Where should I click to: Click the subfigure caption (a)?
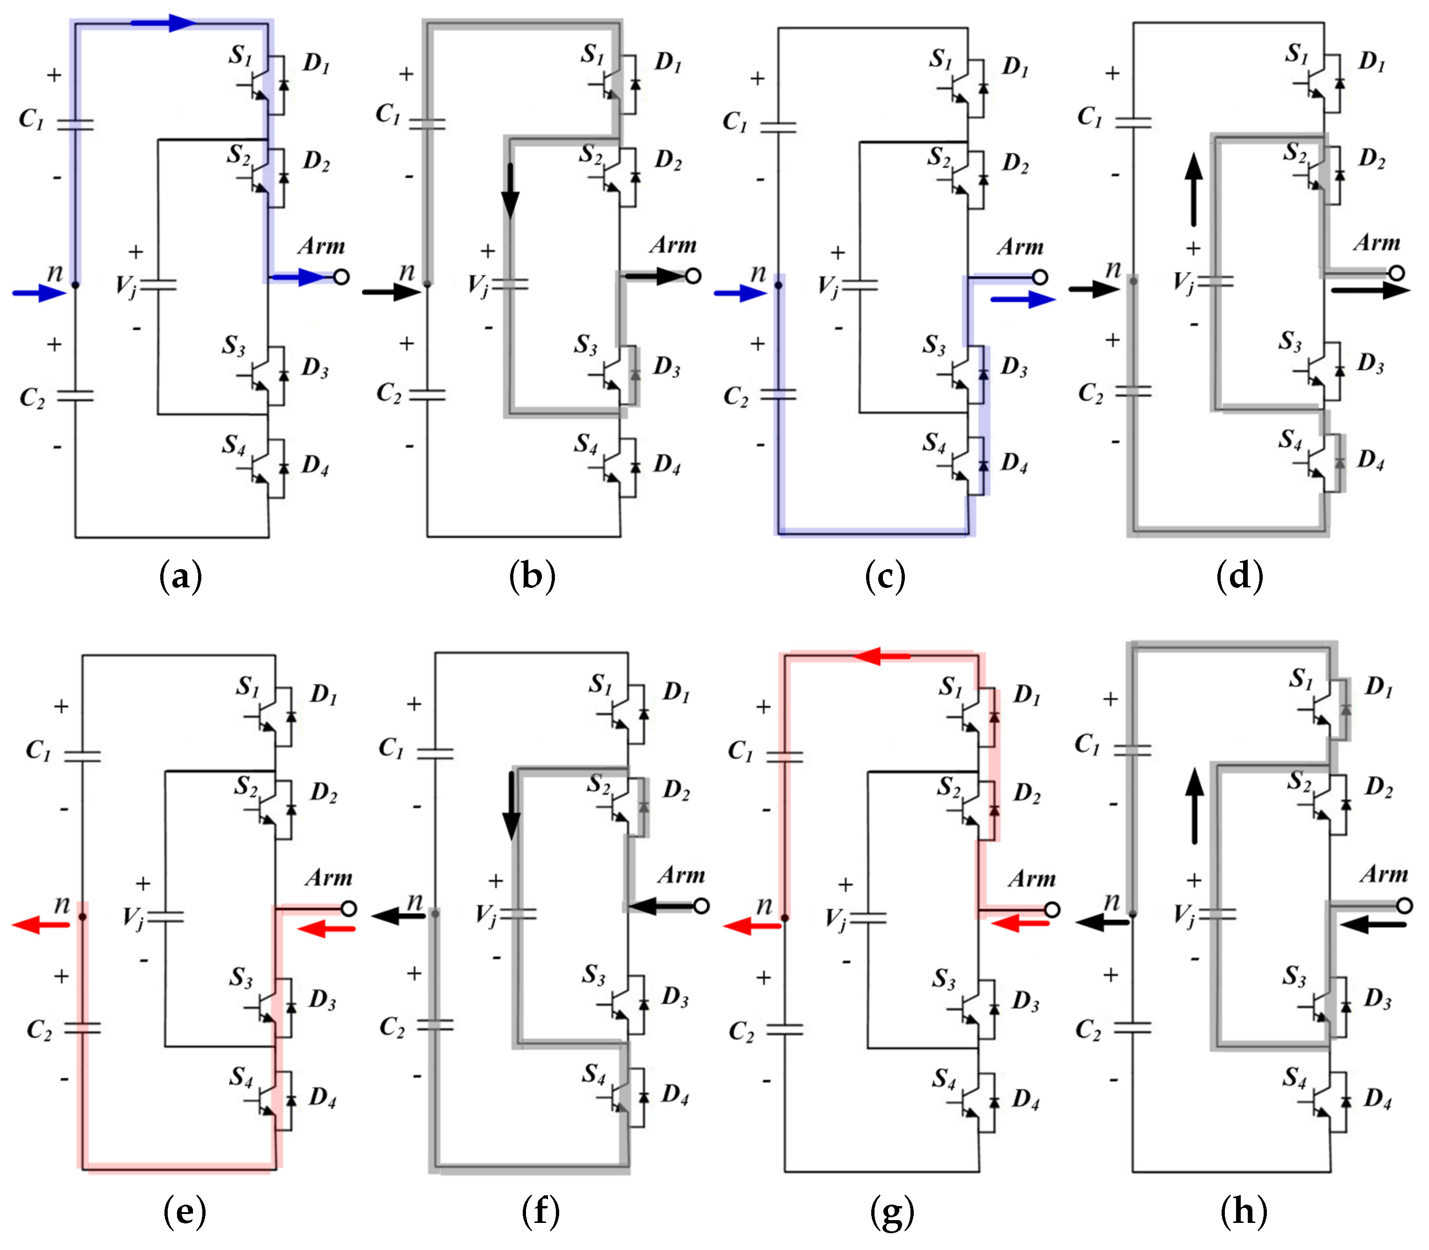pos(181,576)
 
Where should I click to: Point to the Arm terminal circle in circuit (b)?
pos(692,276)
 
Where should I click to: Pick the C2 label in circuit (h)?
pos(1088,1029)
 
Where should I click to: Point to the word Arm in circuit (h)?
pos(1384,874)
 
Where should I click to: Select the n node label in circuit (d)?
pos(1113,269)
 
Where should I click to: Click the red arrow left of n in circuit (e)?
pos(42,925)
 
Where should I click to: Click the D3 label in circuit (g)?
pos(1025,1001)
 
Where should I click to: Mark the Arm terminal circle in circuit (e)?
pos(348,908)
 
